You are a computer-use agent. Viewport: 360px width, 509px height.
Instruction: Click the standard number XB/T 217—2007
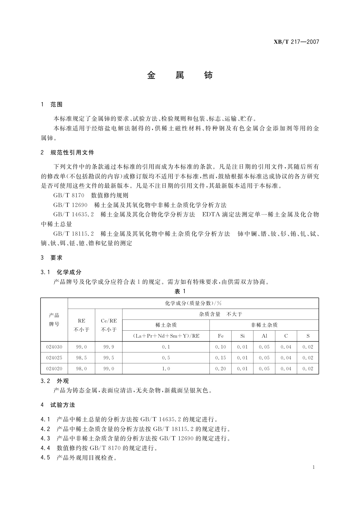(296, 42)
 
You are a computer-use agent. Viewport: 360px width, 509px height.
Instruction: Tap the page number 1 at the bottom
(314, 467)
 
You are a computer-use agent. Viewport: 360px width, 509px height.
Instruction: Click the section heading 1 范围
(52, 105)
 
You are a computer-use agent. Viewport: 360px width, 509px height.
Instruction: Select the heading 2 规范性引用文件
(67, 153)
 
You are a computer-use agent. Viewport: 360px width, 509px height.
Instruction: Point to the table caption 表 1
(180, 291)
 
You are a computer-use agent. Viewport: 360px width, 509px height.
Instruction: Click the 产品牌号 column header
(54, 320)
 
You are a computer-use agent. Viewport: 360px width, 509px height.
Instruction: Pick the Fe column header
(221, 336)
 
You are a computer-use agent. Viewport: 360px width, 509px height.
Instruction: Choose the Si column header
(242, 336)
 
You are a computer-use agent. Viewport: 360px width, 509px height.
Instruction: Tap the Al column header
(264, 336)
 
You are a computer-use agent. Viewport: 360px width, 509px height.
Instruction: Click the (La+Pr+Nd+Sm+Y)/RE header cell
(166, 336)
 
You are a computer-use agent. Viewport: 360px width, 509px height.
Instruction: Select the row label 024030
(54, 347)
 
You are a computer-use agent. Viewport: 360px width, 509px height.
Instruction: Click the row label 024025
(54, 358)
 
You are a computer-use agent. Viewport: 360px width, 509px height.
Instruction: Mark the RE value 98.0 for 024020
(82, 369)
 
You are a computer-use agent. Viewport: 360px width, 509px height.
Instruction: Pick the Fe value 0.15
(221, 358)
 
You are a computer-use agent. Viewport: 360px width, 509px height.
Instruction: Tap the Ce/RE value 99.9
(109, 347)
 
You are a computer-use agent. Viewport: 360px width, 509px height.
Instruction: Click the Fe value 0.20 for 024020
(221, 369)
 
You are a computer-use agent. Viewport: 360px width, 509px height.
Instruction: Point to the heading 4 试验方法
(58, 405)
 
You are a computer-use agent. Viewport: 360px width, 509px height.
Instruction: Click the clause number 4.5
(45, 458)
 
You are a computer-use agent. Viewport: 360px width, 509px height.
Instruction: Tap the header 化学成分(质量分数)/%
(193, 303)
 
